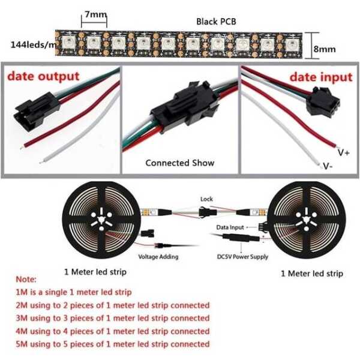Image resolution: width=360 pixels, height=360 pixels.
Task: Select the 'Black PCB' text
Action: (215, 22)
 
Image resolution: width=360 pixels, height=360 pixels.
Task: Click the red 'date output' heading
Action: (43, 76)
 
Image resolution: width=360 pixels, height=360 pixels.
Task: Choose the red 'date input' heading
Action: (321, 77)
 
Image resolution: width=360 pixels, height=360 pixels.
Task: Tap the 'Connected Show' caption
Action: (179, 163)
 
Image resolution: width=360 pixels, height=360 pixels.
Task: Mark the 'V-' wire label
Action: (328, 166)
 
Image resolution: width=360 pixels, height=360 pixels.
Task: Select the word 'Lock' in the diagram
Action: (206, 199)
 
